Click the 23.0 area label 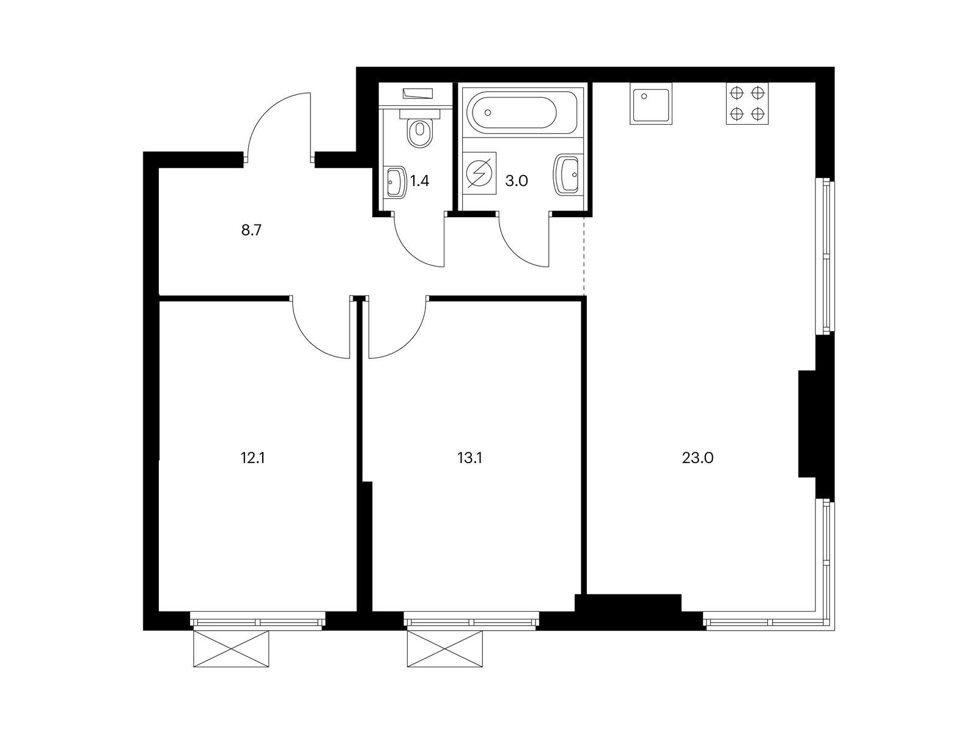(697, 458)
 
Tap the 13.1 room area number (470, 458)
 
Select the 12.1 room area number (252, 458)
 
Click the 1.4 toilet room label (419, 180)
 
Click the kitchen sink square (652, 103)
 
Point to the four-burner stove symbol (748, 103)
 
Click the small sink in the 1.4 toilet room (396, 182)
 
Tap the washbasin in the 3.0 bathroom (567, 175)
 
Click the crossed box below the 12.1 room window (230, 648)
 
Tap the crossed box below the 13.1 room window (445, 648)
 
